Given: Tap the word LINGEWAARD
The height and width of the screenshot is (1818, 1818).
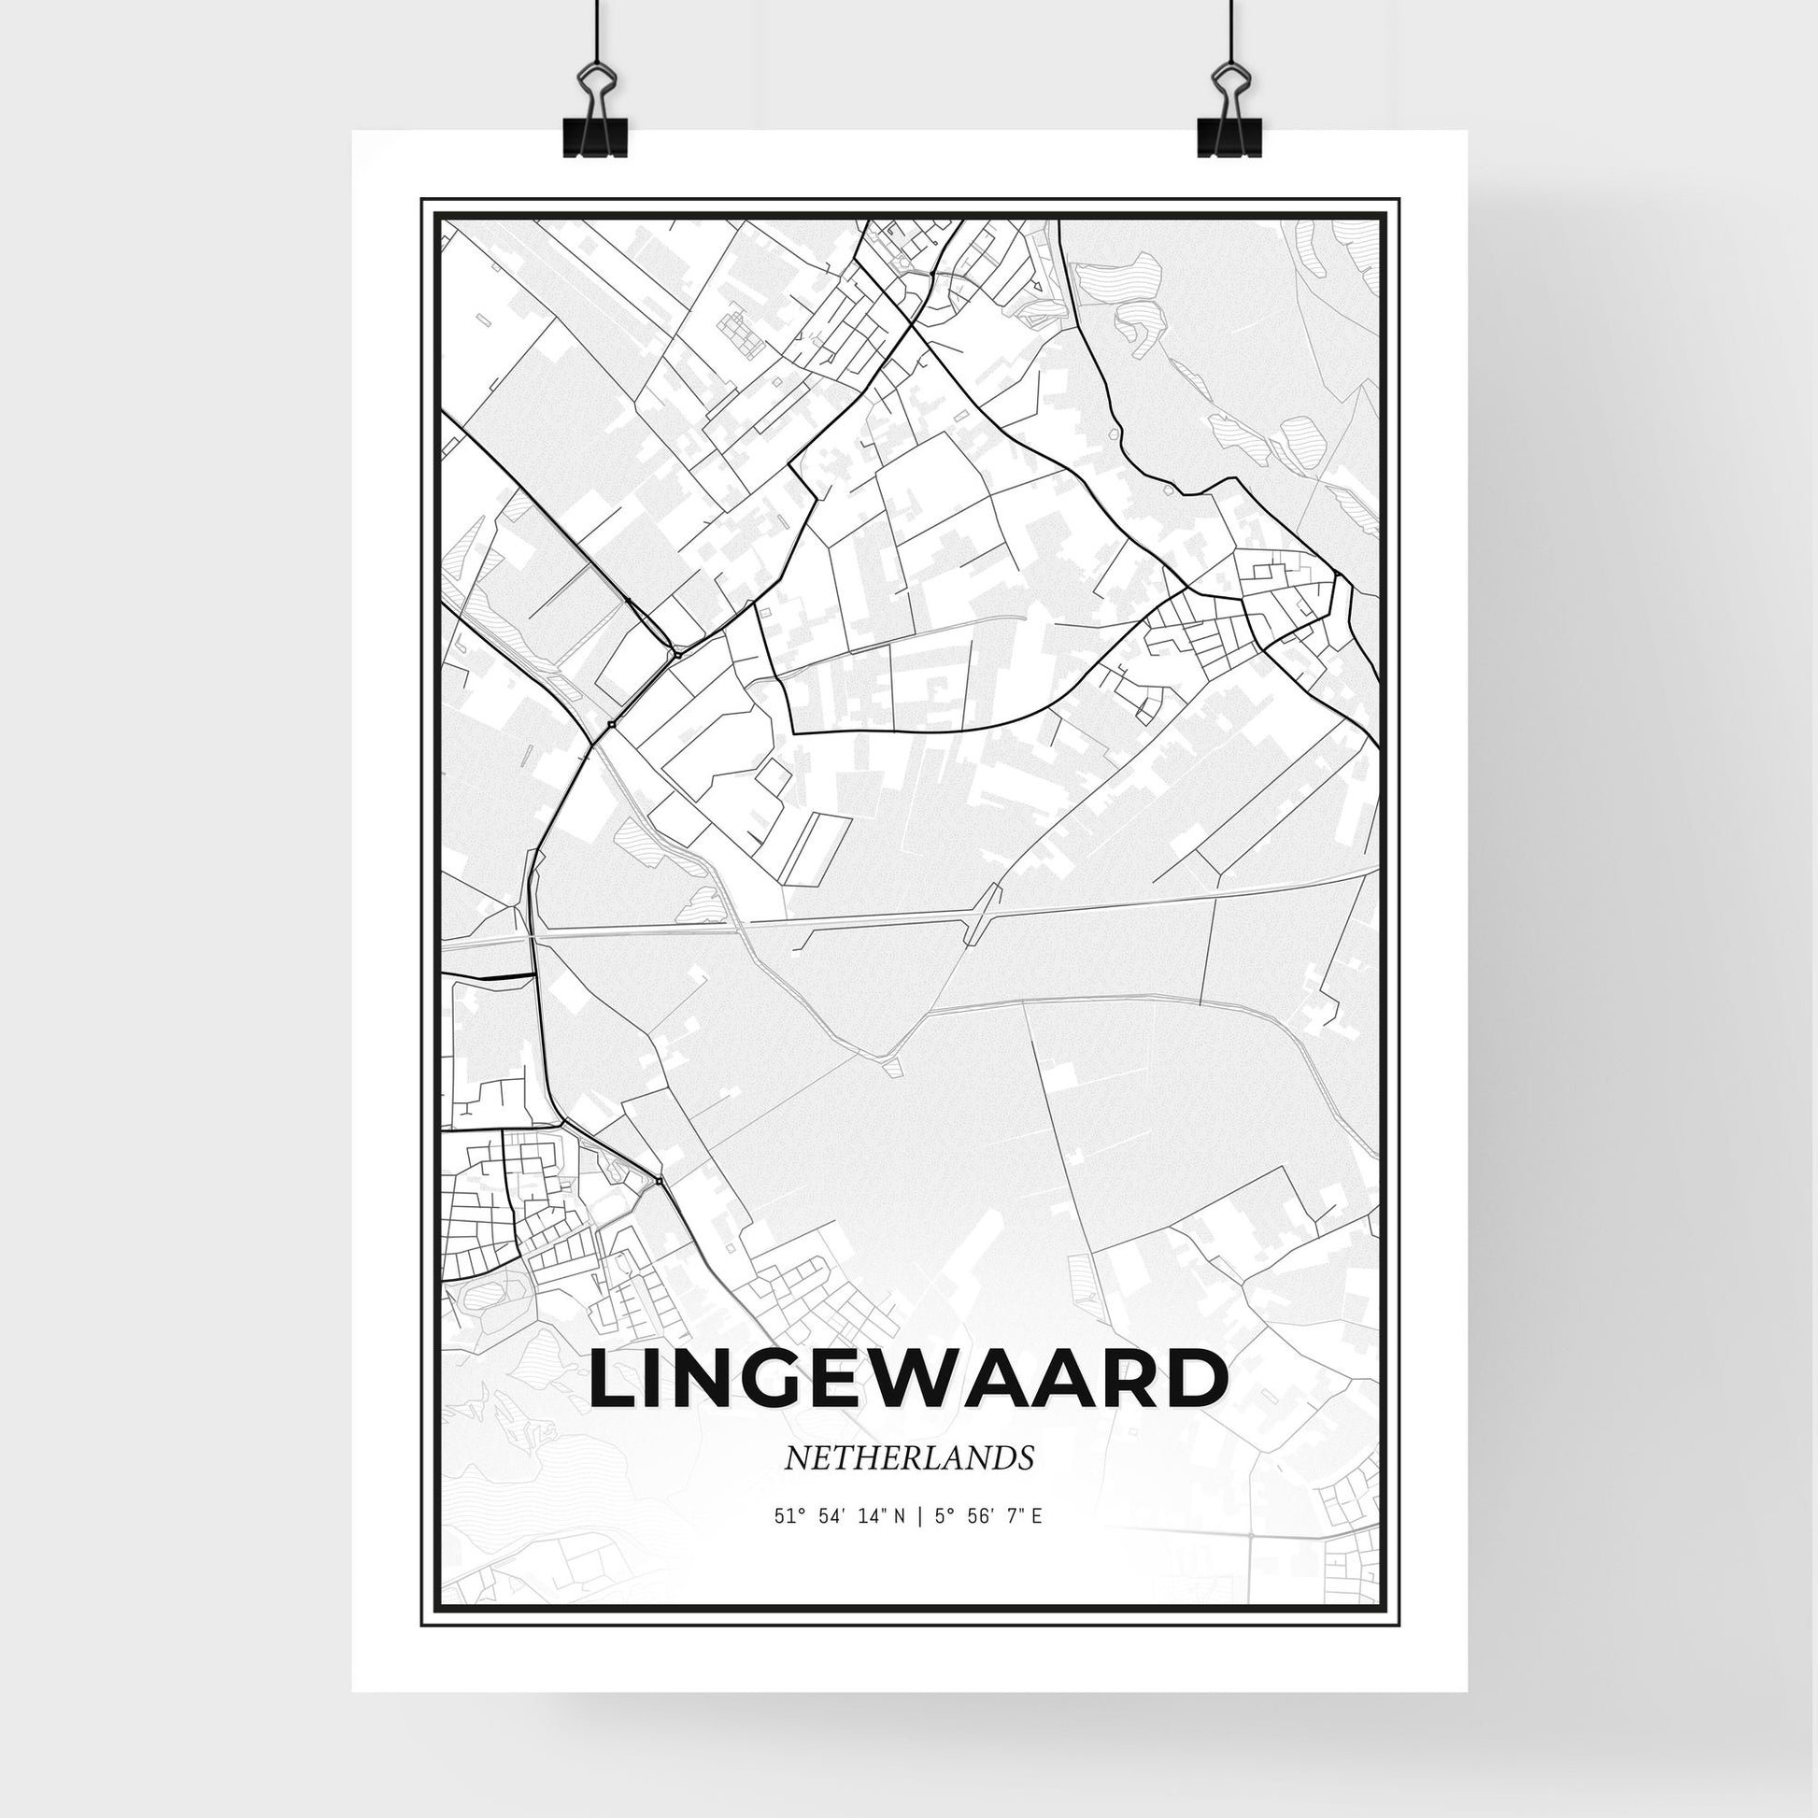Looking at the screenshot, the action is (908, 1382).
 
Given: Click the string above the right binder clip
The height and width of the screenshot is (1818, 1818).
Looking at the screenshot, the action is (1229, 28).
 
